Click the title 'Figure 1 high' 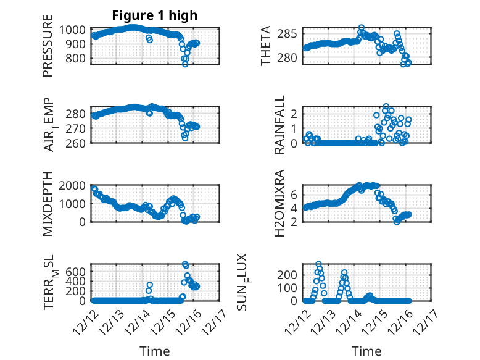coord(154,15)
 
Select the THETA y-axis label coord(266,45)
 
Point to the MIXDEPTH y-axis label coord(48,204)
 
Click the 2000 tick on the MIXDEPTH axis coord(74,185)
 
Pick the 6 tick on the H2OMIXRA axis coord(295,195)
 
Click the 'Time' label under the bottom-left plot coord(155,351)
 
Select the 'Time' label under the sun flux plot coord(366,351)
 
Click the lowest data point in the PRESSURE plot coord(185,64)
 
